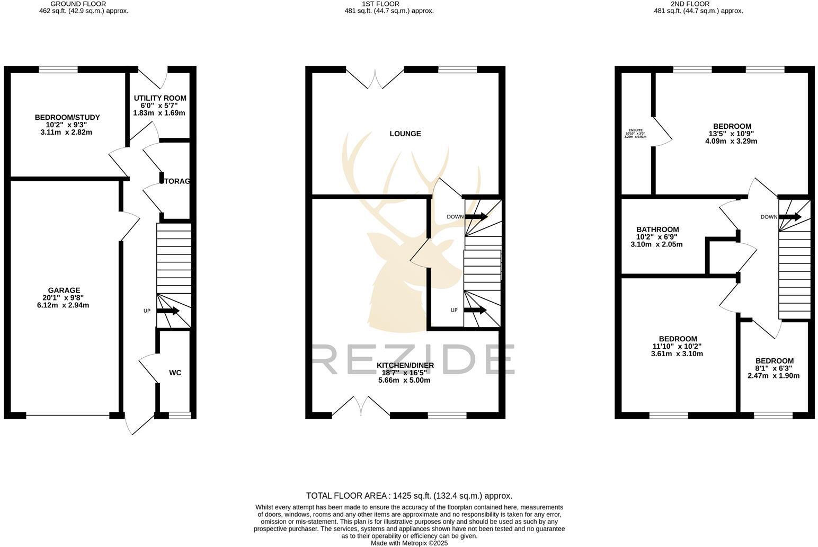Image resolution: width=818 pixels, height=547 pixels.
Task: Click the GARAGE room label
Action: coord(64,290)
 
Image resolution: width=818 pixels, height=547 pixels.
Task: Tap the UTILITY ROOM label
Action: coord(160,98)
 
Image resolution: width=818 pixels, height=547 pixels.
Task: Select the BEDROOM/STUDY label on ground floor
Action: coord(67,117)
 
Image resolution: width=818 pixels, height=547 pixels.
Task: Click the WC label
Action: coord(175,373)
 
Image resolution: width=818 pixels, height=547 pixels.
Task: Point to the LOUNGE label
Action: coord(405,134)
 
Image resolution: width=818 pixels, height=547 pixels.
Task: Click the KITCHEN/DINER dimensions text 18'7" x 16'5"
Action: coord(405,373)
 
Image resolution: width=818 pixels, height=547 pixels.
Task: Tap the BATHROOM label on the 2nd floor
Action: coord(657,230)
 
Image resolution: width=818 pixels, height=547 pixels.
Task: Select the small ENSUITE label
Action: coord(635,130)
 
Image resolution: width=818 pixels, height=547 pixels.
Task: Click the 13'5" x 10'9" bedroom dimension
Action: coord(732,134)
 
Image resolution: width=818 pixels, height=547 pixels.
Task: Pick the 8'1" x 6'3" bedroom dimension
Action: coord(774,368)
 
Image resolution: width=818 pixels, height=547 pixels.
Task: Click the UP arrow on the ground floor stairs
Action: coord(168,311)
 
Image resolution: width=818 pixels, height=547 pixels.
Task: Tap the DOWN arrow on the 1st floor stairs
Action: coord(476,216)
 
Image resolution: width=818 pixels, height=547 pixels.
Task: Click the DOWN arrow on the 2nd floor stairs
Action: coord(790,216)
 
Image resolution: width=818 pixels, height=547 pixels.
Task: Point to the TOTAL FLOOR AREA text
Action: coord(409,496)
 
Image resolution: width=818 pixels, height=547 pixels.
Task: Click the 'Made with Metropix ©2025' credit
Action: coord(409,543)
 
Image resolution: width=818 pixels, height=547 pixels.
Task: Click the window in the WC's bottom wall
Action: coord(180,416)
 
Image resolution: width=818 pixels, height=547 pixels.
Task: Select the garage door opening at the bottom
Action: coord(68,416)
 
